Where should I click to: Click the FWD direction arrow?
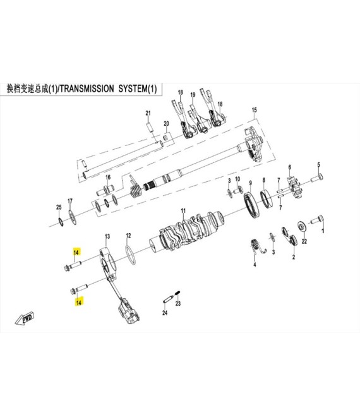tap(24, 318)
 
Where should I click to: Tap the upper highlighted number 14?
tap(76, 252)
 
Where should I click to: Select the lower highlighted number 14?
tap(79, 302)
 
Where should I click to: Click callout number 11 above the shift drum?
tap(183, 211)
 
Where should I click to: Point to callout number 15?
tap(255, 110)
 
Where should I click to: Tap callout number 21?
tap(148, 113)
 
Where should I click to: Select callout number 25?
tap(59, 207)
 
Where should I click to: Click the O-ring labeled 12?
tap(130, 255)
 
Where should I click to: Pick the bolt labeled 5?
tap(317, 178)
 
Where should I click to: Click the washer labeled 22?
tap(301, 226)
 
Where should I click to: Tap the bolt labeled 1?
tap(318, 220)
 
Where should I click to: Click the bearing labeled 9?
tap(251, 205)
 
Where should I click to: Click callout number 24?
tap(165, 313)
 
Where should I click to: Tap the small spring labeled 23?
tap(177, 293)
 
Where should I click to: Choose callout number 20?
tap(166, 124)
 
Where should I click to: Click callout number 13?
tap(107, 236)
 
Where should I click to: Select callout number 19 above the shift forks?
tap(193, 95)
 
